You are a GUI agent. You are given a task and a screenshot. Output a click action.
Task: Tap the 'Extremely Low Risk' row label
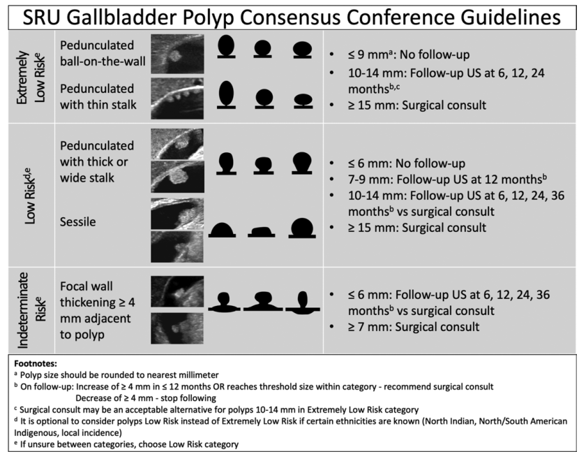[31, 77]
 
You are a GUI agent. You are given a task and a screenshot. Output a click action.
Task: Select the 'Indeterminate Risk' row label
[31, 310]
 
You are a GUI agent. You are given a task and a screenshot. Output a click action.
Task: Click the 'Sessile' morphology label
[77, 221]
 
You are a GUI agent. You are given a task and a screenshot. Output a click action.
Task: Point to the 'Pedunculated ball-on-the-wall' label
[103, 53]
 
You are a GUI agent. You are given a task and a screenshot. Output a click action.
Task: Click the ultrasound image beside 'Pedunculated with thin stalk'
[177, 98]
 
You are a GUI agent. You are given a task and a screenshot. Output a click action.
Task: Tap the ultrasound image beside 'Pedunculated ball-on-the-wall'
[177, 54]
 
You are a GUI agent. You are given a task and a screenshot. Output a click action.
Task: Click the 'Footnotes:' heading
[36, 363]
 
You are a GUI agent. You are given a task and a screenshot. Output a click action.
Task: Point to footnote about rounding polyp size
[117, 375]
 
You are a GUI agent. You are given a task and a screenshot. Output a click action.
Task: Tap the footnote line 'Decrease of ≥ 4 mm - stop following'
[146, 398]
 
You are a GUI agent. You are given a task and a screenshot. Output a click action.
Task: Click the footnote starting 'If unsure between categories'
[126, 444]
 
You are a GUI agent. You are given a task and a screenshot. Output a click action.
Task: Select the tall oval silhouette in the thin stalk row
[227, 95]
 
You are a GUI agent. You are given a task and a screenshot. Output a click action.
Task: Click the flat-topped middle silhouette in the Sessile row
[262, 232]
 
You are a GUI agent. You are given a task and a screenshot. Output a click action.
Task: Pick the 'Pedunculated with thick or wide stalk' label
[97, 161]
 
